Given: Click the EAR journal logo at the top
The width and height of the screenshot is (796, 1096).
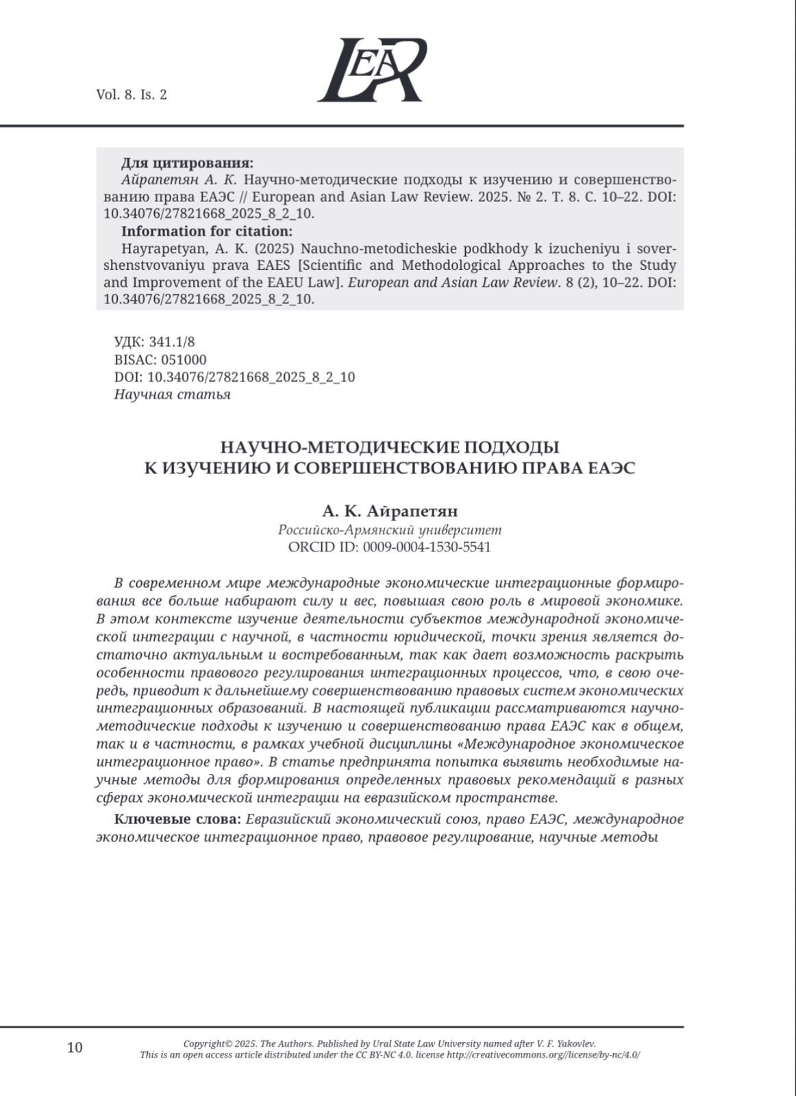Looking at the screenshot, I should point(373,70).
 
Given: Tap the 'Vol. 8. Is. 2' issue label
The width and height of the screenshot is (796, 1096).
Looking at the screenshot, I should point(132,95).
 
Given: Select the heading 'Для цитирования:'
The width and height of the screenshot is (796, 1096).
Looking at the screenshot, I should point(187,163).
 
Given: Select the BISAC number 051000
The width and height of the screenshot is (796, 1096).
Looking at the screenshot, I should point(179,360).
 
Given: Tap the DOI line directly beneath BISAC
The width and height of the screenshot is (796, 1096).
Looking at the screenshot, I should point(234,377).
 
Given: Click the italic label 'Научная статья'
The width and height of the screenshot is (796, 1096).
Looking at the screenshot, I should point(172,395).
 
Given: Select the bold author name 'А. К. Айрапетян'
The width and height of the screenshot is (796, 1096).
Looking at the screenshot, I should point(390,512).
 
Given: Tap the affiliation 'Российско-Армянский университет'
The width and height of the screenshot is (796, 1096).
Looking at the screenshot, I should point(390,530).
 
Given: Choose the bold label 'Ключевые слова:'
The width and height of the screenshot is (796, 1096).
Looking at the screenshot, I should point(177,819).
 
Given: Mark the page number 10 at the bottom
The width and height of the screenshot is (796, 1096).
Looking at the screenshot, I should point(75,1047).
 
